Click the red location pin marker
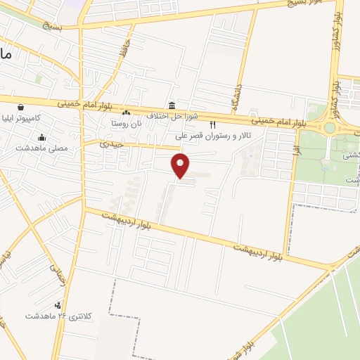click(181, 165)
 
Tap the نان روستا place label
click(126, 123)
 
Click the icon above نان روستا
click(126, 112)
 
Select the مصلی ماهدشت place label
click(41, 148)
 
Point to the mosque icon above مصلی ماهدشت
click(43, 138)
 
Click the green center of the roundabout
click(329, 128)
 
